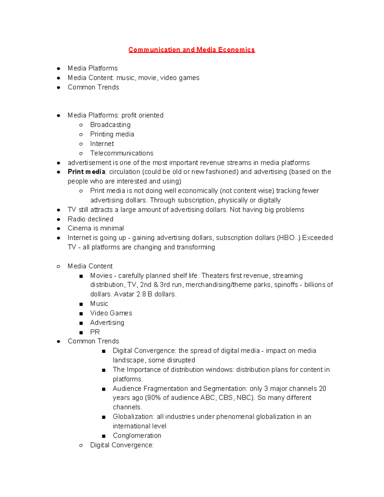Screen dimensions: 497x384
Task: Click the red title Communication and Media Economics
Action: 191,50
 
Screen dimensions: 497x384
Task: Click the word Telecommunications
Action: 122,153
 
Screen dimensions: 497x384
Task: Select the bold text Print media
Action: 86,172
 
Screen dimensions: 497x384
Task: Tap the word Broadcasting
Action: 110,124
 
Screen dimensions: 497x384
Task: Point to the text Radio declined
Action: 90,219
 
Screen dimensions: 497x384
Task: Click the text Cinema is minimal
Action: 95,228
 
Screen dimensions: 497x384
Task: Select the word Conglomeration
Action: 137,436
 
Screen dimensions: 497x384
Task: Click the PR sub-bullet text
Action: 95,332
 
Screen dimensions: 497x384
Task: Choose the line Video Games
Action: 111,313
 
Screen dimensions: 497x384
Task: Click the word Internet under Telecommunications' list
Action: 102,144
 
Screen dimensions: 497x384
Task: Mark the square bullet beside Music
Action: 81,304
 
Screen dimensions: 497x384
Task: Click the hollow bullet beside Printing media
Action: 81,134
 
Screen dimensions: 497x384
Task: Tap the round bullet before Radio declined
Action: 59,220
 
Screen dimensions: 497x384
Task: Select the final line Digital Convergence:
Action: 122,445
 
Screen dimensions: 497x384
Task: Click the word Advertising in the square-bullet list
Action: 107,323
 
